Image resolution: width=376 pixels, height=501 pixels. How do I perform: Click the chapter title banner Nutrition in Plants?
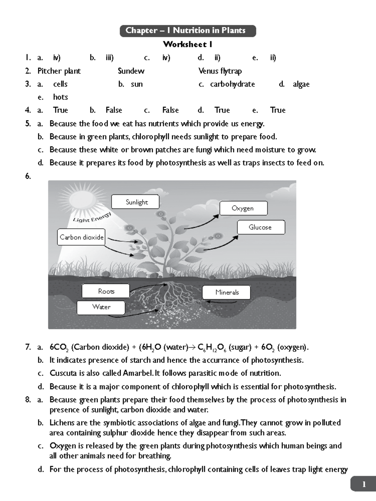click(188, 31)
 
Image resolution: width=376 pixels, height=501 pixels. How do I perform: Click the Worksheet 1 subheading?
click(187, 44)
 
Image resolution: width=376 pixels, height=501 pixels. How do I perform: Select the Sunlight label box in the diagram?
click(135, 202)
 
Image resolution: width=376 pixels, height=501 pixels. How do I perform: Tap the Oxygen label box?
click(243, 208)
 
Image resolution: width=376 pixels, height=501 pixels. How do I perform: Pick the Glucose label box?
click(261, 227)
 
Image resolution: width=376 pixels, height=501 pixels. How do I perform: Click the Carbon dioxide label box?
click(81, 237)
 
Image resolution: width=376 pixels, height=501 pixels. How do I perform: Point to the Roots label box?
click(106, 291)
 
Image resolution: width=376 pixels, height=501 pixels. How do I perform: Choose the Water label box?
click(101, 307)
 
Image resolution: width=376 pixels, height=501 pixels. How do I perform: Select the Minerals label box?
click(226, 292)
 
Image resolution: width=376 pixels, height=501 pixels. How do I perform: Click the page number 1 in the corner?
click(364, 484)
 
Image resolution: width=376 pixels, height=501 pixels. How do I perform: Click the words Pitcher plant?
click(59, 71)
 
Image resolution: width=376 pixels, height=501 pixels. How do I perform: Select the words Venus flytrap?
click(220, 71)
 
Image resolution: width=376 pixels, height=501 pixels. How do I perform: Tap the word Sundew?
click(131, 71)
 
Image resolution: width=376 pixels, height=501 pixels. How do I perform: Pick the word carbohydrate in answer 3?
click(232, 84)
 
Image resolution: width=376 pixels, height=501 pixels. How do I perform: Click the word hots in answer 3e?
click(60, 97)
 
